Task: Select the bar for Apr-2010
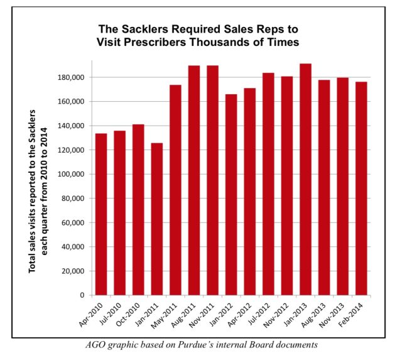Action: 100,214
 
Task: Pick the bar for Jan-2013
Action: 305,179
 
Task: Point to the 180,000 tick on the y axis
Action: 71,77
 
